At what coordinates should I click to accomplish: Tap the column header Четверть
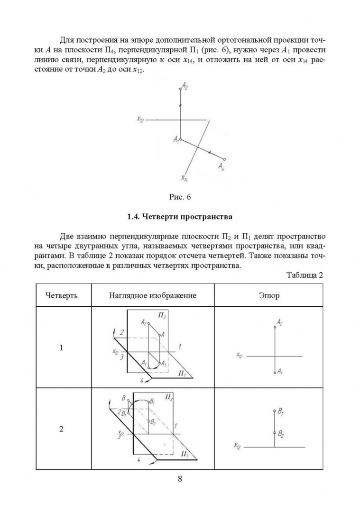62,295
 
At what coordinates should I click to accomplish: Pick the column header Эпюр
269,295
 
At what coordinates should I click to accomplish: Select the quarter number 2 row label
61,430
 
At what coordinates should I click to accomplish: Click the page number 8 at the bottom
180,478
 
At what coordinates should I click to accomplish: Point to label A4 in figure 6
222,166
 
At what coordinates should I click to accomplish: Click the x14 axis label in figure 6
185,178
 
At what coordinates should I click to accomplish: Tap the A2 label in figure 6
185,87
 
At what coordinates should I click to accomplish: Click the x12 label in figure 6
140,120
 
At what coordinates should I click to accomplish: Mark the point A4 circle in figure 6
224,159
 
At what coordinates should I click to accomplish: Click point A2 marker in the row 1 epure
275,327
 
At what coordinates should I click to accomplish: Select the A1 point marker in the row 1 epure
275,373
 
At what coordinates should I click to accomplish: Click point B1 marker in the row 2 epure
275,411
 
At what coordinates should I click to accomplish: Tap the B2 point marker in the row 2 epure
275,432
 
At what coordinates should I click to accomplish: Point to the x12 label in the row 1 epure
240,355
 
